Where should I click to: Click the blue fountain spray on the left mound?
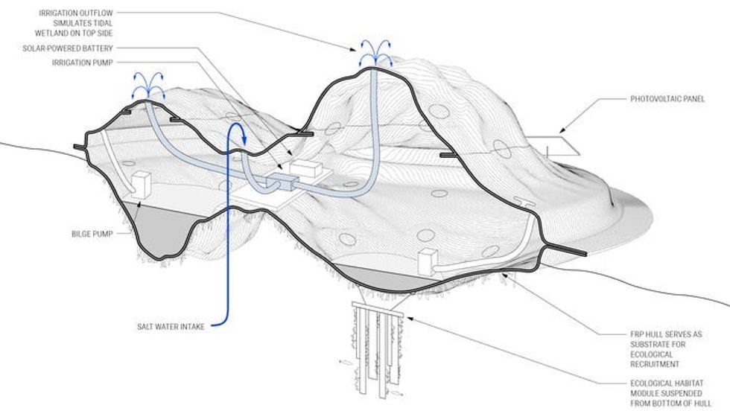(x=148, y=83)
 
